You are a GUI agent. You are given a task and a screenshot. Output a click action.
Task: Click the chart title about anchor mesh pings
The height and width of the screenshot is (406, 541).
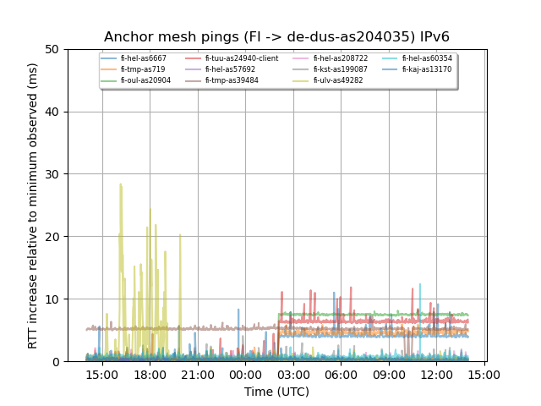(276, 37)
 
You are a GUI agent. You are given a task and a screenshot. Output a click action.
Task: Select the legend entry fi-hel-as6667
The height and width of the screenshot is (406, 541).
(144, 58)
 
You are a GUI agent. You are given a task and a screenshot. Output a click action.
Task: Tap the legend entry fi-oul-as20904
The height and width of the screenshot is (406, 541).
(145, 80)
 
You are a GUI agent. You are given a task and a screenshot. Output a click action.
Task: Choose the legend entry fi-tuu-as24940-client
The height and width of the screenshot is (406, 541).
(241, 58)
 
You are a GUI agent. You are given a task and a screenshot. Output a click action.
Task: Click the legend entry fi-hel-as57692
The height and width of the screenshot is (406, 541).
(230, 69)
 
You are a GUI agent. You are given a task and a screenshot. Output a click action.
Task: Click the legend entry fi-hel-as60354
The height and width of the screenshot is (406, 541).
(427, 58)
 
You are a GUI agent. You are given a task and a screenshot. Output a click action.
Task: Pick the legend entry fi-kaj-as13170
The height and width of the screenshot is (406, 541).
(427, 69)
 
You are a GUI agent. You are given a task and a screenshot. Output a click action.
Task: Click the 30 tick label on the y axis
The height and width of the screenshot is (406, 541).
(57, 174)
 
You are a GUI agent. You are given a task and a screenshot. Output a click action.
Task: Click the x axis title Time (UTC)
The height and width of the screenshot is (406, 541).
(276, 392)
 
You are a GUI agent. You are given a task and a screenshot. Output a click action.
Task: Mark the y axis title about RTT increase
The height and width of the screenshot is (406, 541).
(33, 206)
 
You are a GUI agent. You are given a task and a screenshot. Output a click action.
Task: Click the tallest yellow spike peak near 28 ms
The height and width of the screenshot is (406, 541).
(121, 184)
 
